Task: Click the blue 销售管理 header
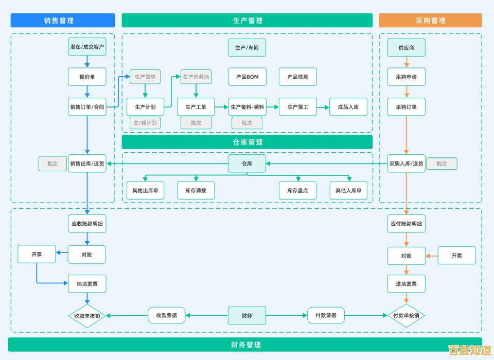[x=62, y=21]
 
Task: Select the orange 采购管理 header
[x=430, y=21]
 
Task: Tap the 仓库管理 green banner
[x=247, y=142]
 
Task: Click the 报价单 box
[x=87, y=77]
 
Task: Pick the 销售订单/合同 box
[x=87, y=107]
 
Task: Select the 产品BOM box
[x=247, y=77]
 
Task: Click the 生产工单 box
[x=196, y=107]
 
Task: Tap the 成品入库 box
[x=348, y=107]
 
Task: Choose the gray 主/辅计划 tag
[x=145, y=123]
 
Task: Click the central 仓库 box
[x=247, y=164]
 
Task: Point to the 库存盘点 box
[x=297, y=190]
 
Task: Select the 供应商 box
[x=406, y=47]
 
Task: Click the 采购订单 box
[x=406, y=107]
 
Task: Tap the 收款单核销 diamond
[x=87, y=316]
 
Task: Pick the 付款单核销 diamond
[x=406, y=316]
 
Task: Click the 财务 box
[x=247, y=315]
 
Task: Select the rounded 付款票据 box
[x=326, y=315]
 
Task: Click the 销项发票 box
[x=87, y=284]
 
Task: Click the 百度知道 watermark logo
[x=469, y=351]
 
